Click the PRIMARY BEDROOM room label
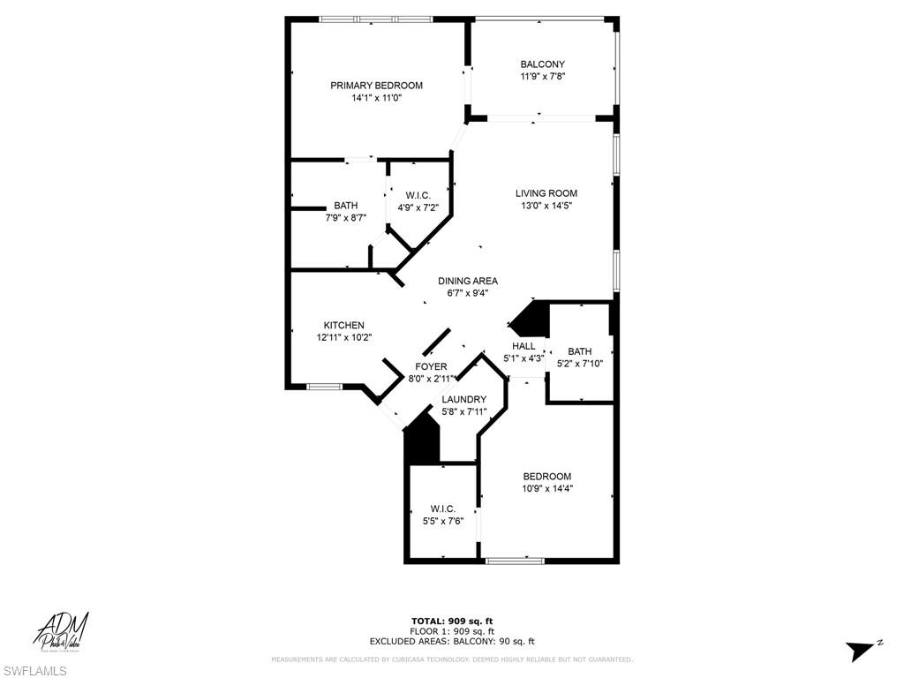click(376, 86)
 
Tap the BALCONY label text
click(542, 64)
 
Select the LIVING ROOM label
click(546, 193)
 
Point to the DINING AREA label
click(468, 282)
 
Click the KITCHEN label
click(343, 326)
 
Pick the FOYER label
click(431, 366)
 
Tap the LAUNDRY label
click(463, 399)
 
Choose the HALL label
click(524, 346)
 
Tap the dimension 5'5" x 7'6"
click(442, 520)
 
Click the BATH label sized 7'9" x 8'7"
click(345, 206)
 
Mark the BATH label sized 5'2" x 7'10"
click(580, 351)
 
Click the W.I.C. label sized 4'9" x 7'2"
click(418, 195)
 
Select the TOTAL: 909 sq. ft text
click(452, 621)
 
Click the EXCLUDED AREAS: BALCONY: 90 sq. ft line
click(452, 642)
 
